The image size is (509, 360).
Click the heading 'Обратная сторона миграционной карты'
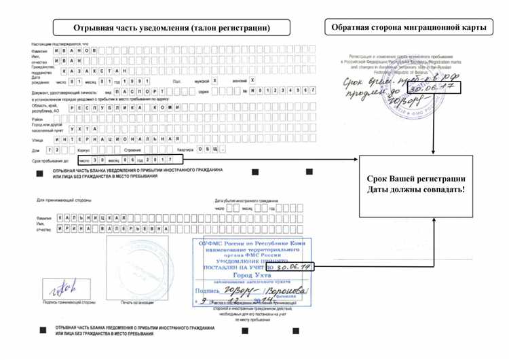click(x=409, y=27)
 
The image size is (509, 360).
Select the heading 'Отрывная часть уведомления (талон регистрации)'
click(x=172, y=28)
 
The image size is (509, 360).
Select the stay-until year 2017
click(x=162, y=160)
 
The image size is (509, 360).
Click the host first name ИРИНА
click(x=72, y=230)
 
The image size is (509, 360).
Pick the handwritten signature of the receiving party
click(x=58, y=288)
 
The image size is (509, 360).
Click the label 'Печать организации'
click(x=136, y=302)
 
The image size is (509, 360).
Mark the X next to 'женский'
click(x=252, y=80)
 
